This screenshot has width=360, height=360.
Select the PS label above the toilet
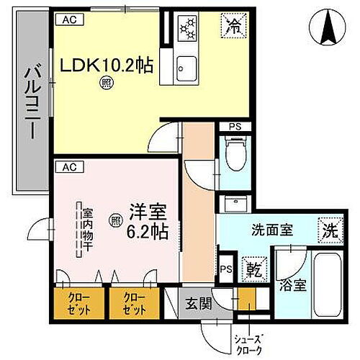coord(235,127)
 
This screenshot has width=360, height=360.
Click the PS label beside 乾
coord(226,269)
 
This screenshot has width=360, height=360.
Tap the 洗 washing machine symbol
coord(328,233)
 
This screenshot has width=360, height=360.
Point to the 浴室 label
coord(295,284)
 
